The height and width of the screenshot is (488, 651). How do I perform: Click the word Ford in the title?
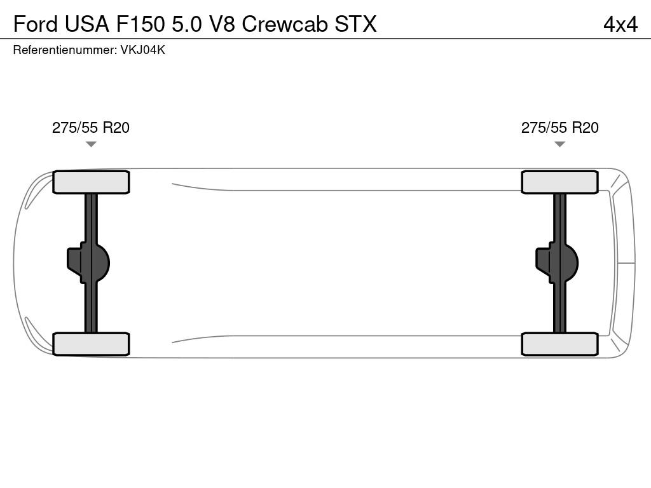pyautogui.click(x=36, y=24)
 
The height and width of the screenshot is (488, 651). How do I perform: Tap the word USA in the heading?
pyautogui.click(x=86, y=24)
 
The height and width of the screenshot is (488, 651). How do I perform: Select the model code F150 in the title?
pyautogui.click(x=140, y=24)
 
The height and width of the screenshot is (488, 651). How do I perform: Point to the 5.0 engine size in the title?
pyautogui.click(x=187, y=24)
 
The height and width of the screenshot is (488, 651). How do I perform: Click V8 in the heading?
pyautogui.click(x=222, y=24)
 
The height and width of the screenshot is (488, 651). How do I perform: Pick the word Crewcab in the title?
pyautogui.click(x=285, y=24)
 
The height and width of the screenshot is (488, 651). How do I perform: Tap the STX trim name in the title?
pyautogui.click(x=355, y=24)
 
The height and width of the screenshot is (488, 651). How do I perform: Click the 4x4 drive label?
pyautogui.click(x=620, y=24)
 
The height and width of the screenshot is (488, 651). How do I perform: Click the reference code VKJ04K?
pyautogui.click(x=143, y=50)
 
